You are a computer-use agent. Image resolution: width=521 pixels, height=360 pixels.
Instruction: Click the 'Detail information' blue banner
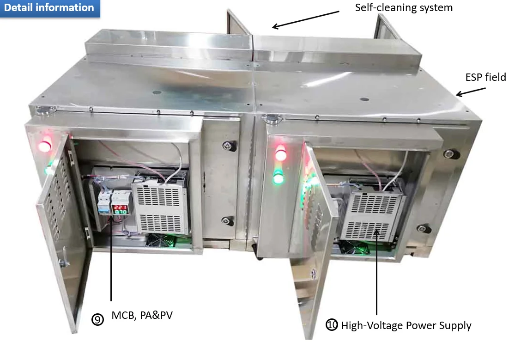click(x=50, y=8)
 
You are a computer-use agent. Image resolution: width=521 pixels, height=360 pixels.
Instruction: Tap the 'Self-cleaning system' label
click(x=404, y=8)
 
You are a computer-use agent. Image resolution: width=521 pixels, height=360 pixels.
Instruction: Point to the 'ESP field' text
click(x=485, y=77)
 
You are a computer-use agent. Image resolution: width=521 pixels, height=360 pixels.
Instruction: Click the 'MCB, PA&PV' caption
click(x=142, y=315)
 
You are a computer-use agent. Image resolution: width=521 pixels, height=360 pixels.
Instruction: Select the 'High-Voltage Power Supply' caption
click(x=406, y=325)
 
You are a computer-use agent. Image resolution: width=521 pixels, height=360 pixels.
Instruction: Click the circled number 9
click(x=98, y=319)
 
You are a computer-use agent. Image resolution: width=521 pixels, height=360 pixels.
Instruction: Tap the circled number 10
click(x=332, y=325)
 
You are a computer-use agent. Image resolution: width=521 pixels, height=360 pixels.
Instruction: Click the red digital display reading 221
click(x=120, y=207)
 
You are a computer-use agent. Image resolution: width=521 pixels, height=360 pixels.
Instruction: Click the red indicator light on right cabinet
click(x=281, y=153)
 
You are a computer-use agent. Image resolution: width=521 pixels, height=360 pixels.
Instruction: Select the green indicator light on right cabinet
click(x=279, y=177)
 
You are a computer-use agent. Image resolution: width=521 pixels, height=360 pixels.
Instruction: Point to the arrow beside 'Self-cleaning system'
click(x=306, y=19)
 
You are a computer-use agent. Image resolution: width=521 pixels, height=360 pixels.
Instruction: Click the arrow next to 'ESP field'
click(x=471, y=92)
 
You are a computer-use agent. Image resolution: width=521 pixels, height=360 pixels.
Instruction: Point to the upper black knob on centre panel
click(x=229, y=146)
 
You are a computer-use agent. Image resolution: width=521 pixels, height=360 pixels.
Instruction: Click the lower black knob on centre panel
click(x=228, y=220)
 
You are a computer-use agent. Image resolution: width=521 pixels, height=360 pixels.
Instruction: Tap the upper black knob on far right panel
click(x=451, y=154)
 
